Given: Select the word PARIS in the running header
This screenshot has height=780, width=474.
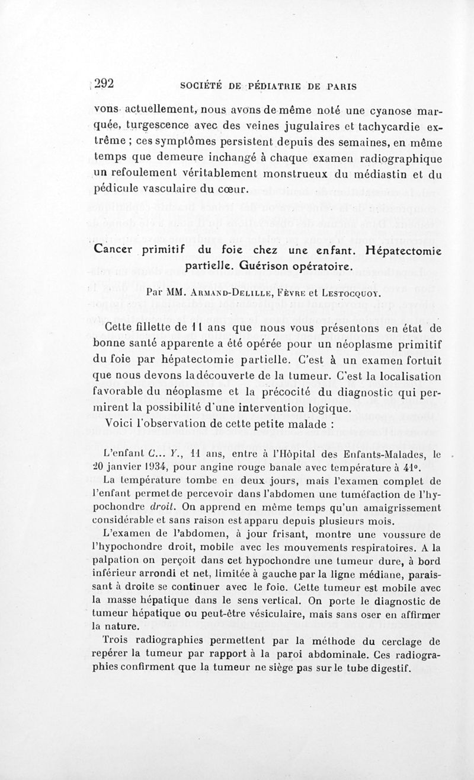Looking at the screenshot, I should pos(340,85).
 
